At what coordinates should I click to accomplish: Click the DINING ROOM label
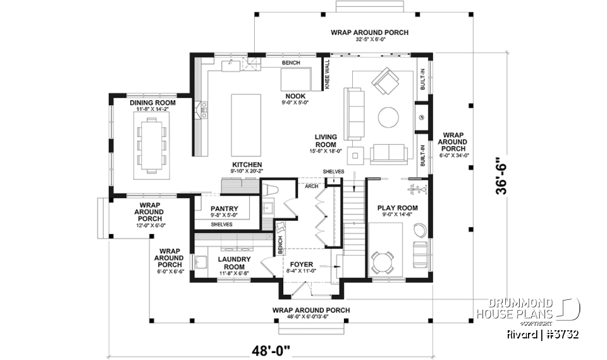(x=152, y=102)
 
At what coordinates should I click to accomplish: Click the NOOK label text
(x=295, y=96)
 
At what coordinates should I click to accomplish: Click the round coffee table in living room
(x=388, y=116)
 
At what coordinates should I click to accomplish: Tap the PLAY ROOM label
(x=398, y=208)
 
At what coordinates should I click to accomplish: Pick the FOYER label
(x=302, y=264)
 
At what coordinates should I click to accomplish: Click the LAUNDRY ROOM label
(x=234, y=263)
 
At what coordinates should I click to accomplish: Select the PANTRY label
(x=224, y=208)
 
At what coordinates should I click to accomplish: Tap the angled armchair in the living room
(x=385, y=80)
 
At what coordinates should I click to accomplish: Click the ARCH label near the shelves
(x=311, y=187)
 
